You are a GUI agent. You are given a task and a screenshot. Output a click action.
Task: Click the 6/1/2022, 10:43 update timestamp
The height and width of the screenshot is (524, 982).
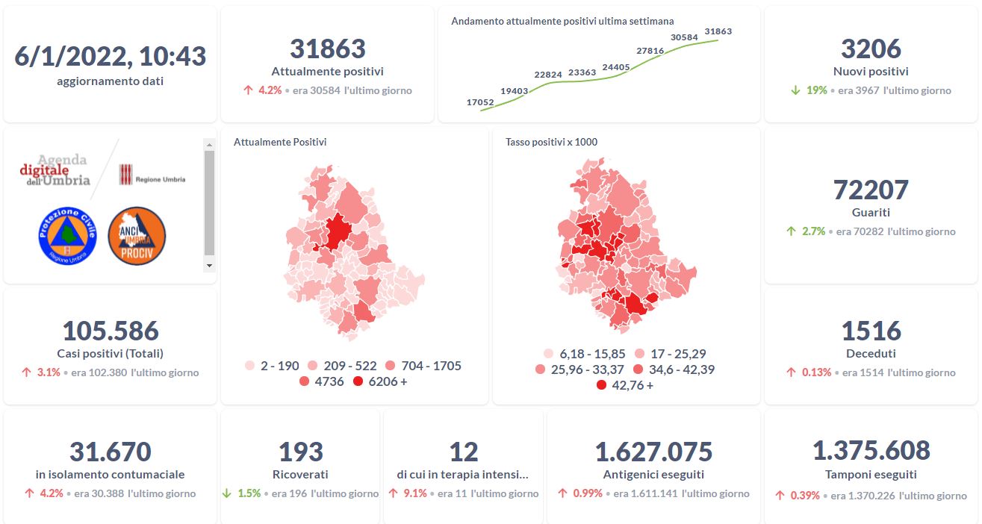pyautogui.click(x=111, y=56)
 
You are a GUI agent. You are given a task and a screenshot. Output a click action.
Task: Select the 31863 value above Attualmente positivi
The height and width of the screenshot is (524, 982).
pyautogui.click(x=327, y=49)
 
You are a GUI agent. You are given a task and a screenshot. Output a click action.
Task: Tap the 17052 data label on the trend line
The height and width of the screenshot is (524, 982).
pyautogui.click(x=479, y=102)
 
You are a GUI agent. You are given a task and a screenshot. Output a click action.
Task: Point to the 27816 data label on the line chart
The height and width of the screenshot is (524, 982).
pyautogui.click(x=650, y=51)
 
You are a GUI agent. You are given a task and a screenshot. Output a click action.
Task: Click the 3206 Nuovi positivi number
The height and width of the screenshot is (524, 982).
pyautogui.click(x=871, y=49)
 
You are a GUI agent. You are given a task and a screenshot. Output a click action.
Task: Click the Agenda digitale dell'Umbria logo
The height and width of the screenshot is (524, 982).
pyautogui.click(x=55, y=171)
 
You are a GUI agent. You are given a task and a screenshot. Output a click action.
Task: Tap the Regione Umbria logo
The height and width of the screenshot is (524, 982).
pyautogui.click(x=152, y=176)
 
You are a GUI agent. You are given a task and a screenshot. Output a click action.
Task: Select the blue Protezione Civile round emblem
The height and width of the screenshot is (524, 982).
pyautogui.click(x=67, y=236)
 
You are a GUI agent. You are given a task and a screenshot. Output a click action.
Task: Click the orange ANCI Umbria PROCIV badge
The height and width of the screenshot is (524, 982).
pyautogui.click(x=137, y=236)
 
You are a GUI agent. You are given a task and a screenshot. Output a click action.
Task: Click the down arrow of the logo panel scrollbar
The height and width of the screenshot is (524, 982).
pyautogui.click(x=209, y=265)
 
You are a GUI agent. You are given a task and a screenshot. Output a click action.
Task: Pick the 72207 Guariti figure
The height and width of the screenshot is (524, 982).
pyautogui.click(x=871, y=190)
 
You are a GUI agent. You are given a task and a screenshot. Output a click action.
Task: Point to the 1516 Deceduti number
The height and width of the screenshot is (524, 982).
pyautogui.click(x=871, y=331)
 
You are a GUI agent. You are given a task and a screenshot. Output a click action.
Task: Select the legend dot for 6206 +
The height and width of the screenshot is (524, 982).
pyautogui.click(x=358, y=382)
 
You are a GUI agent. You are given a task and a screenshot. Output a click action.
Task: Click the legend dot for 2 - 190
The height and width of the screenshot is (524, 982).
pyautogui.click(x=250, y=367)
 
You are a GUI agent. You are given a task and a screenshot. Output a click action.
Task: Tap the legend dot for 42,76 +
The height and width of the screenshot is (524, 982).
pyautogui.click(x=602, y=385)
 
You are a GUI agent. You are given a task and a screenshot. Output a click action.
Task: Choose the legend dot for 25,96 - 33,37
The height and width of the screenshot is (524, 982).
pyautogui.click(x=541, y=369)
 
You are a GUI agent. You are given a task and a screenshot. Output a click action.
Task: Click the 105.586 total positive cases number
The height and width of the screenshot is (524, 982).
pyautogui.click(x=111, y=331)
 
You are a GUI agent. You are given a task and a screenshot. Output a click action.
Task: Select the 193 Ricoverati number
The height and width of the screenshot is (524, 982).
pyautogui.click(x=300, y=452)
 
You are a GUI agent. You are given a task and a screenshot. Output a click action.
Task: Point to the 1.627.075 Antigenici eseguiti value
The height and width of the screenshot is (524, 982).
pyautogui.click(x=653, y=452)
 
